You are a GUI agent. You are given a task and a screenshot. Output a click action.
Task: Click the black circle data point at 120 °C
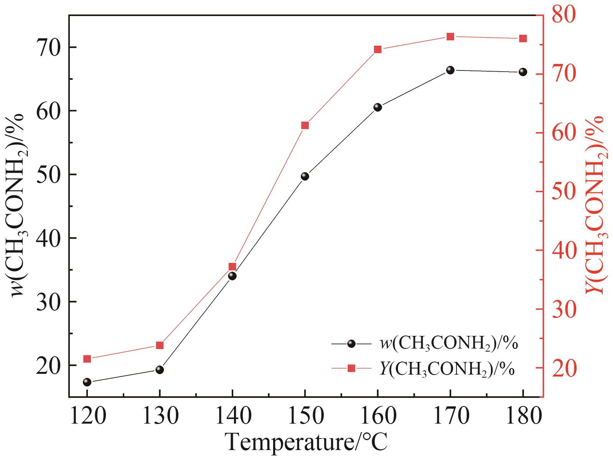[x=87, y=382]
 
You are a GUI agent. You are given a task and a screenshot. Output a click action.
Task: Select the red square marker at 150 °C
[x=305, y=125]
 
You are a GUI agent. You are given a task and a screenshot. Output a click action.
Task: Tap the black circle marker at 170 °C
[x=450, y=70]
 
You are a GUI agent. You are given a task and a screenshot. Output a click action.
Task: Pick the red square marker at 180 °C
[x=523, y=38]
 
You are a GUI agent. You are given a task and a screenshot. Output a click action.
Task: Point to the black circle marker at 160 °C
[x=378, y=107]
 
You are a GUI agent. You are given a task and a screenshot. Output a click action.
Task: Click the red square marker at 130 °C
[x=160, y=345]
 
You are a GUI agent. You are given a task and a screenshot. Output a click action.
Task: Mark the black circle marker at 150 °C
[x=305, y=176]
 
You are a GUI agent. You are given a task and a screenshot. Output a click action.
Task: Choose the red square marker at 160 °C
[x=378, y=49]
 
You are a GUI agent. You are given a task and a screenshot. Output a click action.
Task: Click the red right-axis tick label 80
[x=564, y=15]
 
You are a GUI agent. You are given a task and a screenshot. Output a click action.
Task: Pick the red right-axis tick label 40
[x=564, y=250]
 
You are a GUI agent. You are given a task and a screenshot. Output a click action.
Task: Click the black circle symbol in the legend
[x=351, y=344]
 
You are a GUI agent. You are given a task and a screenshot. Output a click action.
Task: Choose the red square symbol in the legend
[x=351, y=368]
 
